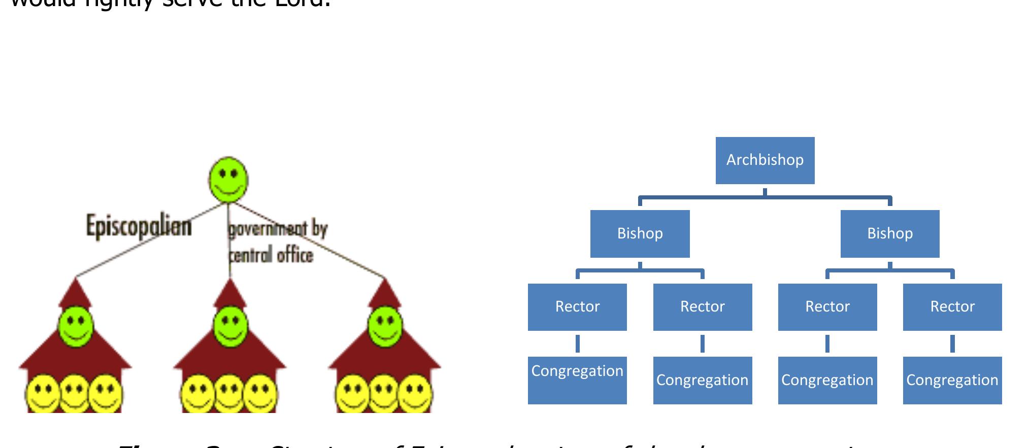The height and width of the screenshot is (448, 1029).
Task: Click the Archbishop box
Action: (765, 160)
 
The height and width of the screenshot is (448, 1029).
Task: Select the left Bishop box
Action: (640, 233)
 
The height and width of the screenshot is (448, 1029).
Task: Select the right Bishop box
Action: (889, 233)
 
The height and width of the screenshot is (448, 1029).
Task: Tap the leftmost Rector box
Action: (577, 307)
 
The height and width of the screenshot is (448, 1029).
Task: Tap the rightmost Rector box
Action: (952, 307)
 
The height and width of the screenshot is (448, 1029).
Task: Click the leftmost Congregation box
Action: (577, 380)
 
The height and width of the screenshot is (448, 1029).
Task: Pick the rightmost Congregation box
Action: (952, 380)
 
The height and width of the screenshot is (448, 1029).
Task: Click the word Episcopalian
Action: (139, 226)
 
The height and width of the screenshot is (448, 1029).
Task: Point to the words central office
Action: (271, 254)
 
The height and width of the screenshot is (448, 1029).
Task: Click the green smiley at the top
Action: (228, 179)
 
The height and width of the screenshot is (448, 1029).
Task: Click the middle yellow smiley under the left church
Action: (75, 393)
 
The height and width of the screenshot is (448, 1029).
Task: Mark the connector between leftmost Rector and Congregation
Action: (577, 343)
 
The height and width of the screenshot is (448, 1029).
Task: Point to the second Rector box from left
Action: (702, 307)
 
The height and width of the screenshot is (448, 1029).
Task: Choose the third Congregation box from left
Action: (827, 380)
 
